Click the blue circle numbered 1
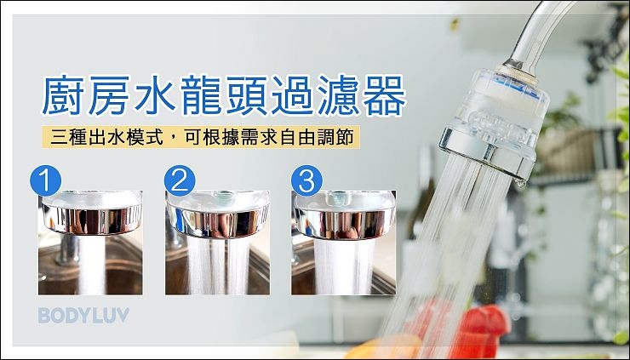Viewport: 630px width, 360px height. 45,180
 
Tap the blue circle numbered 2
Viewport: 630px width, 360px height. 180,180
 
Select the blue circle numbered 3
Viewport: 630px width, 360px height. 307,180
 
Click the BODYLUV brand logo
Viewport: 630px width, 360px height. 84,316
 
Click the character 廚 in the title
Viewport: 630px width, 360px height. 63,95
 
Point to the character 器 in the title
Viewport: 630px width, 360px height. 384,95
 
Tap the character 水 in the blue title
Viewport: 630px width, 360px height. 155,95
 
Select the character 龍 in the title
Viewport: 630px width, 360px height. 201,95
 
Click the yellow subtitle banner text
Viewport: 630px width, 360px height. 201,138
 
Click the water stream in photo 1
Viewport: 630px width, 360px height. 91,265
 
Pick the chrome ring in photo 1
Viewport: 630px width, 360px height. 92,219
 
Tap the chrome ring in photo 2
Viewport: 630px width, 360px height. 218,222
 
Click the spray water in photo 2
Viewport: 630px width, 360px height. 218,266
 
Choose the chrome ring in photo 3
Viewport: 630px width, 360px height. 344,222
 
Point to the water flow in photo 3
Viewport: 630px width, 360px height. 344,266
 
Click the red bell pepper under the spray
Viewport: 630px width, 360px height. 478,325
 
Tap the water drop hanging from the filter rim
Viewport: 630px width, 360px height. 520,183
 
